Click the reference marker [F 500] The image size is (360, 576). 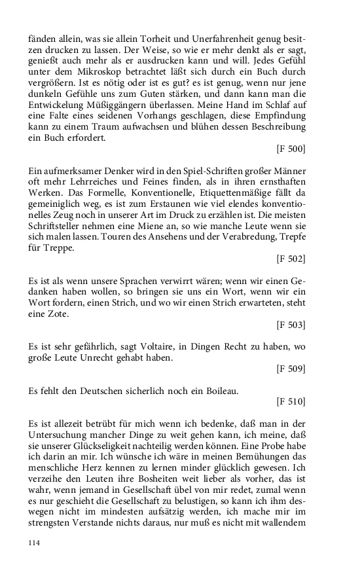(x=291, y=149)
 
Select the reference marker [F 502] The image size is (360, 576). (x=291, y=259)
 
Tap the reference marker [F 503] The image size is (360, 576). (x=291, y=324)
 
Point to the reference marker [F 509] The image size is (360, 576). (x=291, y=369)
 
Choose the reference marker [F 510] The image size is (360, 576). (x=291, y=401)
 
